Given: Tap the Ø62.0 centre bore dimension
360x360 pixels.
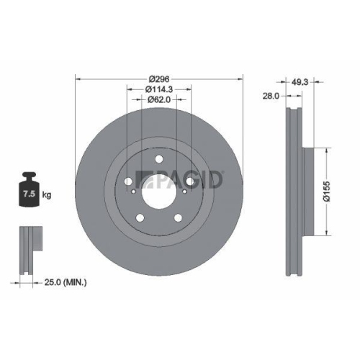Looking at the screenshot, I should point(158,101).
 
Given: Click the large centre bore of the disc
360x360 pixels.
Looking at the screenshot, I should point(158,193).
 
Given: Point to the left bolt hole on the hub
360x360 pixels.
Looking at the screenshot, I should point(127,183).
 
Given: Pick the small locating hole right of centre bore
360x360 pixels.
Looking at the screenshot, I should point(184,193).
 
